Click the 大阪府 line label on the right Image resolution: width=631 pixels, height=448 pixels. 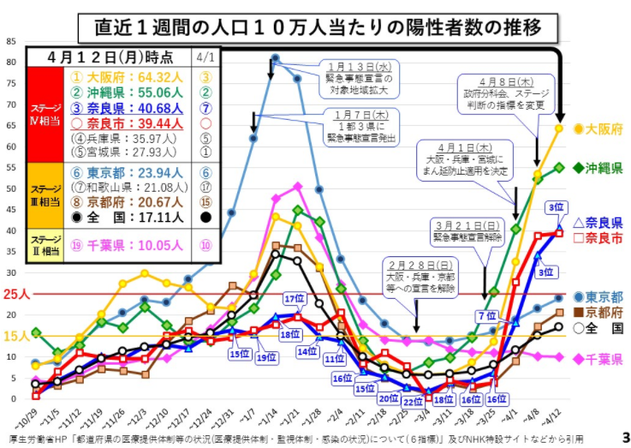597,128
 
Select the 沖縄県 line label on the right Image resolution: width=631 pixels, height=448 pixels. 597,167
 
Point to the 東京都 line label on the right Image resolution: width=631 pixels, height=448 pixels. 598,296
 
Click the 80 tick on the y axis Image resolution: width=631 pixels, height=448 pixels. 11,62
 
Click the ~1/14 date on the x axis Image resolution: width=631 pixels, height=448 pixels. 273,419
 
